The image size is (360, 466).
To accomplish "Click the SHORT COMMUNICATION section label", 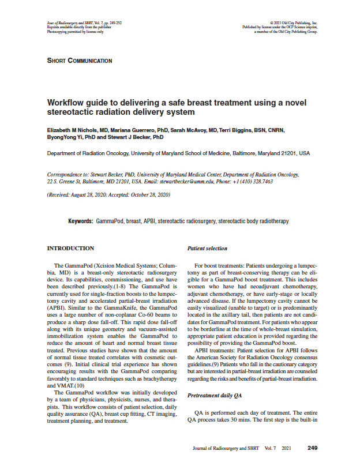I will tap(79, 61).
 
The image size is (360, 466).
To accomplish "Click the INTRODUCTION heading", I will tap(70, 249).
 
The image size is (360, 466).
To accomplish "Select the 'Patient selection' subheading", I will tap(208, 249).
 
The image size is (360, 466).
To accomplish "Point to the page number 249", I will tap(313, 448).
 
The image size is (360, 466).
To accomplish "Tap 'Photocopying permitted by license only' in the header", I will tap(75, 31).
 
